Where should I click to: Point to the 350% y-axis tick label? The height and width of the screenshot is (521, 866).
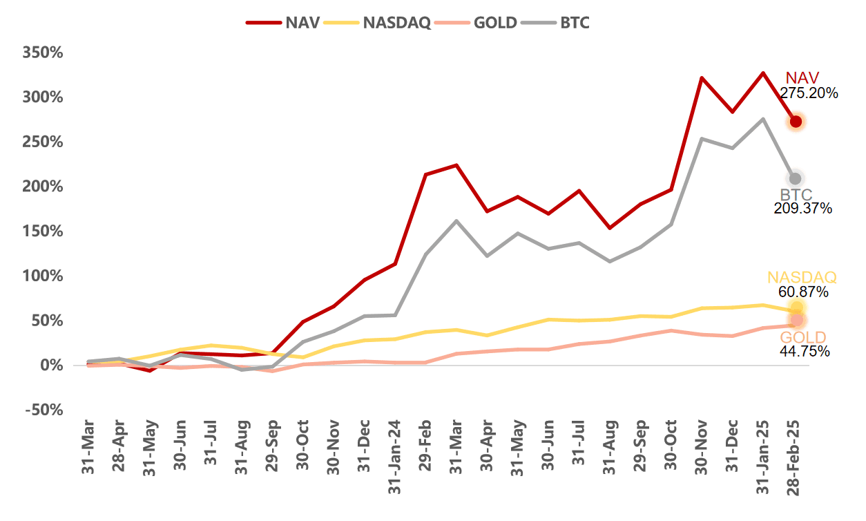point(43,53)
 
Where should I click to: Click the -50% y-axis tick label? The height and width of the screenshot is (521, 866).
point(43,410)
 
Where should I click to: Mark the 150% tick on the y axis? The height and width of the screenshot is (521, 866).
point(43,231)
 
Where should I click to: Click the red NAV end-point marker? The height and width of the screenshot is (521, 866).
point(796,122)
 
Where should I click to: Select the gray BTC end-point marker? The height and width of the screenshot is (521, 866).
point(795,179)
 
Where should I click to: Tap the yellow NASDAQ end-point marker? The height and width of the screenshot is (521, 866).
point(796,307)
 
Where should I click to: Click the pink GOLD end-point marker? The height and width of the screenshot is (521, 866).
point(796,320)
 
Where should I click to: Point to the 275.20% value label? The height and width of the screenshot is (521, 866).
point(809,93)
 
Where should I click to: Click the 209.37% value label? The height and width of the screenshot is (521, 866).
point(802,208)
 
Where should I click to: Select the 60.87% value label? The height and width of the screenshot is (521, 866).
point(802,292)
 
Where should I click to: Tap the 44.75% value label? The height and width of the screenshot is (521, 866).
point(802,352)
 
